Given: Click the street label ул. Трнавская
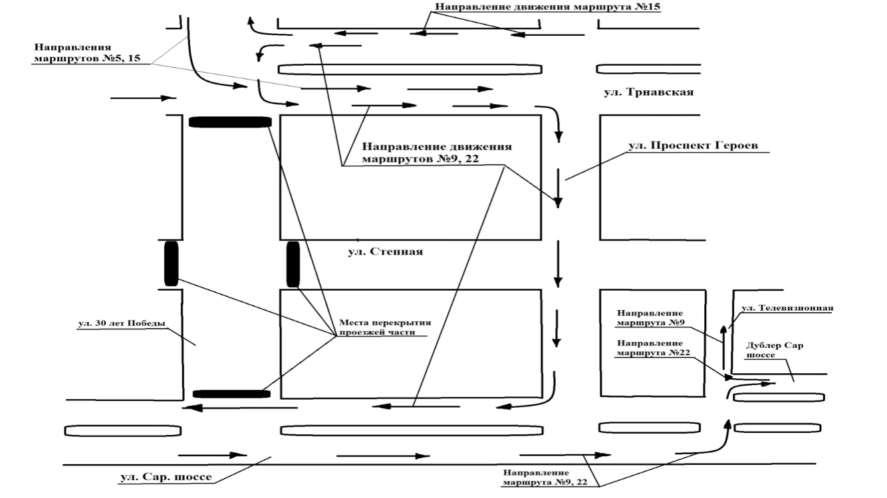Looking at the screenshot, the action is (x=648, y=92).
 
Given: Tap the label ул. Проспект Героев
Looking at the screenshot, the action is (x=693, y=145).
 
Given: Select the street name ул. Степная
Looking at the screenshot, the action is (x=385, y=252).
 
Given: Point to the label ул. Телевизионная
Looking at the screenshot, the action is (x=787, y=307).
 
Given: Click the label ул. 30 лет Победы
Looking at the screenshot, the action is (x=122, y=323).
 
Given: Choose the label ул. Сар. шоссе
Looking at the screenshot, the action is (x=166, y=477).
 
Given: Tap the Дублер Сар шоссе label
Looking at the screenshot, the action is (x=775, y=350).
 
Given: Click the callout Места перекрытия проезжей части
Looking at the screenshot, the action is (x=385, y=327).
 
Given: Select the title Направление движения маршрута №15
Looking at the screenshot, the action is (x=548, y=7).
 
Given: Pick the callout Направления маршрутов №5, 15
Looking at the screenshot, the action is (x=87, y=53).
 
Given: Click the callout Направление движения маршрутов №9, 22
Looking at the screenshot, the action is (x=437, y=153).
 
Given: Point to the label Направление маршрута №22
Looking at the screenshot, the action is (x=654, y=348).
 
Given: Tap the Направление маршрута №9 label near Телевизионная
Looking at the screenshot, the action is (x=650, y=317).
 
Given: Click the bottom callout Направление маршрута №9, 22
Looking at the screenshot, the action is (x=545, y=477).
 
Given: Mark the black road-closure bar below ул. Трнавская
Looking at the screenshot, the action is (x=230, y=122).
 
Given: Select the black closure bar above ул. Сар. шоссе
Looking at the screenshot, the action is (x=231, y=394).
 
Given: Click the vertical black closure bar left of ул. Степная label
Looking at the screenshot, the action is (x=293, y=264).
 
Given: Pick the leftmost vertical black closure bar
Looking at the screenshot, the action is (x=171, y=264).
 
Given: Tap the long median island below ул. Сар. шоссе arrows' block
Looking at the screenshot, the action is (x=412, y=430).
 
